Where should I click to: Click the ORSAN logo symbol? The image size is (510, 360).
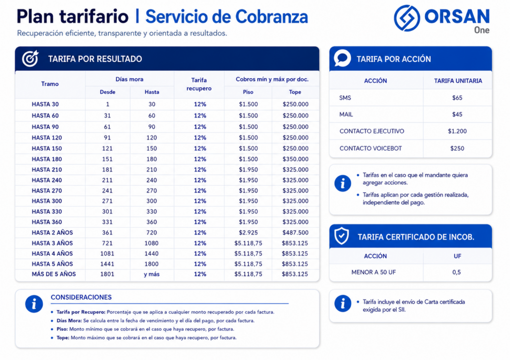(x=407, y=18)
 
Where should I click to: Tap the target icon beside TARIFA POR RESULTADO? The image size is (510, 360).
(x=30, y=59)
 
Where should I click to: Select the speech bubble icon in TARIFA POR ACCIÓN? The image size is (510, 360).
(x=342, y=58)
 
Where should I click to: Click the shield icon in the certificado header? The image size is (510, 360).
(x=342, y=236)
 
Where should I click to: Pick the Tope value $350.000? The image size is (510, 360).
(x=295, y=159)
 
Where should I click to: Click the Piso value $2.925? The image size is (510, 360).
(x=248, y=233)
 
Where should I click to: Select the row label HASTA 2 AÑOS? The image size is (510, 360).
(x=52, y=233)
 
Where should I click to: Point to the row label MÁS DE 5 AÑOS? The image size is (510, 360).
(x=54, y=274)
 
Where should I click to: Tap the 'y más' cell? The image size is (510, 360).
(x=151, y=274)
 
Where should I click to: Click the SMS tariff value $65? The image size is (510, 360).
(x=457, y=98)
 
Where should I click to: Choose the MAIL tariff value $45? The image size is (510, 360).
(x=457, y=115)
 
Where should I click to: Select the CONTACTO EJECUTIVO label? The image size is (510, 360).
(x=372, y=131)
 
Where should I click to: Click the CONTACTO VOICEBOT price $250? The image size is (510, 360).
(x=457, y=148)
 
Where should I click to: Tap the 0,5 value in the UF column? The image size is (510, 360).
(x=456, y=272)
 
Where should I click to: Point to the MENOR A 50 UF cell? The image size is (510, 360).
(x=374, y=272)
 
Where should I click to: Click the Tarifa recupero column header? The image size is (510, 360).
(x=199, y=84)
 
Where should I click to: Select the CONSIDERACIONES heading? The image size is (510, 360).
(x=81, y=297)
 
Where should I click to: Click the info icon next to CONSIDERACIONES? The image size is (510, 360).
(x=34, y=304)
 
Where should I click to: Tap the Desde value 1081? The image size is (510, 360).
(x=107, y=253)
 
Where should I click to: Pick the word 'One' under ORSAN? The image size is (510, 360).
(x=482, y=30)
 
